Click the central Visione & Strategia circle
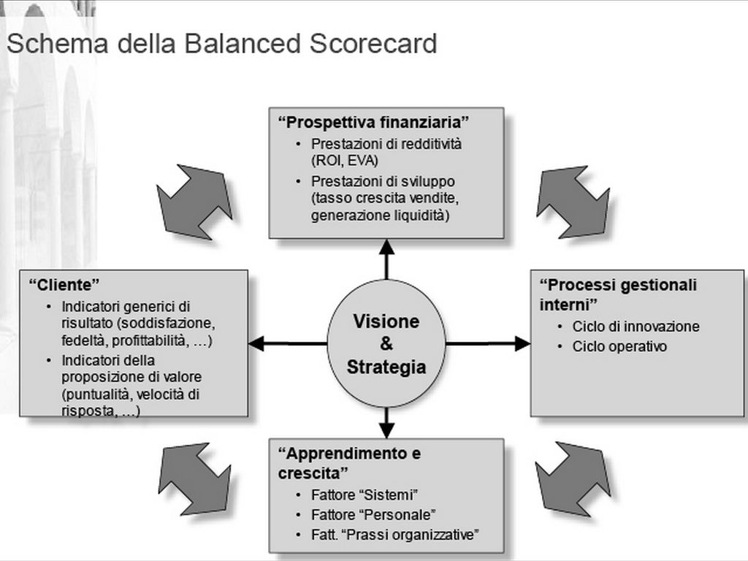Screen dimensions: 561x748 [386, 343]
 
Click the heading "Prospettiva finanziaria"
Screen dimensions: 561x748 [373, 121]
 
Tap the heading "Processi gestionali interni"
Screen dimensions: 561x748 [618, 293]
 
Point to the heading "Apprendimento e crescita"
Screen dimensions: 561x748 [349, 462]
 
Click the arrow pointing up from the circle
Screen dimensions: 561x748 [386, 259]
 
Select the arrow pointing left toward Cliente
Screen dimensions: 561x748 [287, 343]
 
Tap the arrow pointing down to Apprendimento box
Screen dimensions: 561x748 [386, 423]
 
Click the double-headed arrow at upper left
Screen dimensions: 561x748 [194, 202]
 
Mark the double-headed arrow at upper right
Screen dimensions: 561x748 [573, 202]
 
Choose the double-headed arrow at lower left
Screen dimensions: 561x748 [194, 479]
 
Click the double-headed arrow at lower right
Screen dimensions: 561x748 [573, 479]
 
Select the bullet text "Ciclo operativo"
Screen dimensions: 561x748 [619, 346]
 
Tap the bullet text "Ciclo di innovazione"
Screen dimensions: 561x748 [636, 327]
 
